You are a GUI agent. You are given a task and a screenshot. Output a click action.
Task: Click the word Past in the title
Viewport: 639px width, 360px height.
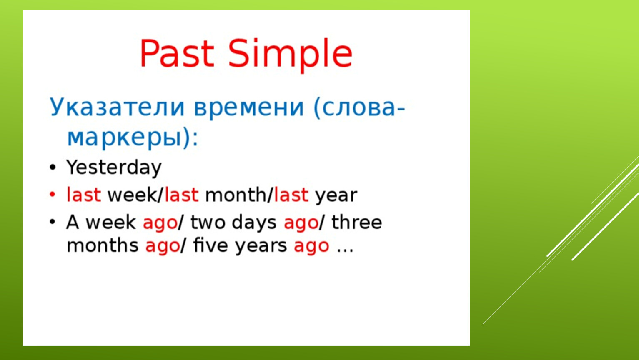point(177,53)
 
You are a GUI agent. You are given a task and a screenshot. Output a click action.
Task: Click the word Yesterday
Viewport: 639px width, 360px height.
point(114,168)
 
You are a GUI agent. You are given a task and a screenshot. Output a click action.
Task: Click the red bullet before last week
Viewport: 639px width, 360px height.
point(53,194)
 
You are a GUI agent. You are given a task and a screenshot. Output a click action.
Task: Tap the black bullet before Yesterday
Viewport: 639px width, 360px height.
point(53,167)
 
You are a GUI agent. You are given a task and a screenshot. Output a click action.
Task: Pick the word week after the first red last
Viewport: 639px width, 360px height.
point(132,195)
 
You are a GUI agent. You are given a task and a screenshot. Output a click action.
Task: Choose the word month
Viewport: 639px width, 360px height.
point(236,195)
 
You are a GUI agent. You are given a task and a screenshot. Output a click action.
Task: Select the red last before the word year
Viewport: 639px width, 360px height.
point(291,195)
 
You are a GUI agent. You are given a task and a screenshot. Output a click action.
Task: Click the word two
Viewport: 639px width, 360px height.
point(208,222)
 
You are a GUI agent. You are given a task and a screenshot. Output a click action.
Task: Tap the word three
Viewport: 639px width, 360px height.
point(356,222)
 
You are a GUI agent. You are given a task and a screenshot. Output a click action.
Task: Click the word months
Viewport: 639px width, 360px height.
point(103,245)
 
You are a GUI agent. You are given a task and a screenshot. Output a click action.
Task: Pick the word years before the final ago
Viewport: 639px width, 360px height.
point(261,247)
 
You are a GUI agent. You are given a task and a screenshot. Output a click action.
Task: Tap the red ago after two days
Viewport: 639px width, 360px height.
point(301,224)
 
